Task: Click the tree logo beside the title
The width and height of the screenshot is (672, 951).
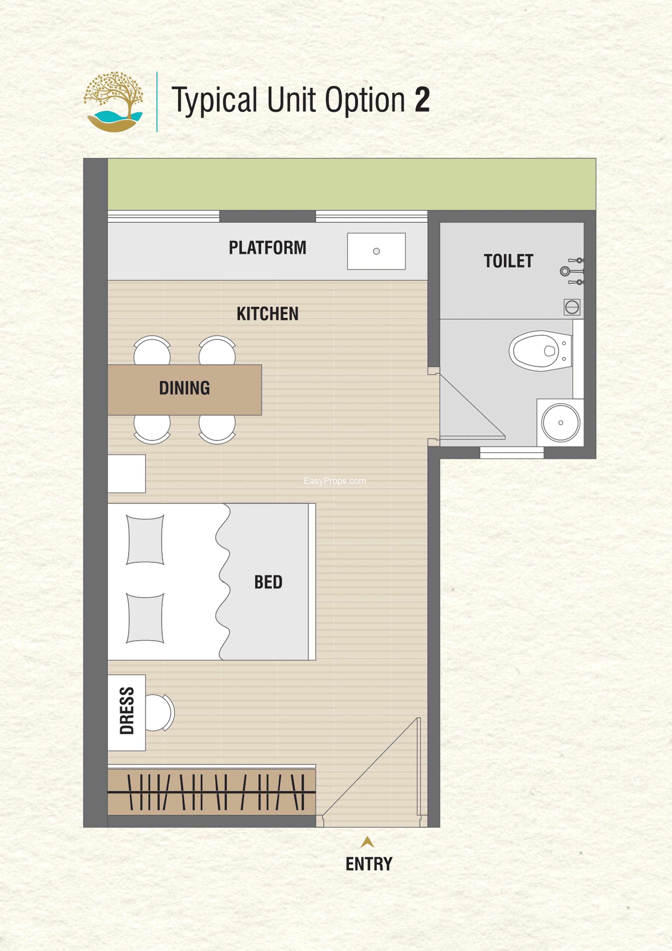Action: coord(113,102)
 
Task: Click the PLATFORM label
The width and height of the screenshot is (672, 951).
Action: coord(267,248)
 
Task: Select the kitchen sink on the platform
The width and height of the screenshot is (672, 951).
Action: coord(376,251)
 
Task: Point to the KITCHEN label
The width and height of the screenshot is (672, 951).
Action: coord(267,314)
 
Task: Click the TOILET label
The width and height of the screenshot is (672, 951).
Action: coord(508,261)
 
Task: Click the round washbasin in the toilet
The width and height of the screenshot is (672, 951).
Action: coord(561,422)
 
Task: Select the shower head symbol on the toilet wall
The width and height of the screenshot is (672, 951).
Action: coord(564,271)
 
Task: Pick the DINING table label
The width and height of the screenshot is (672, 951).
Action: coord(185,388)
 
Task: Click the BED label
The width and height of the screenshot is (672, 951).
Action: coord(268,582)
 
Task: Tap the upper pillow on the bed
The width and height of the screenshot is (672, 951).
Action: coord(145,540)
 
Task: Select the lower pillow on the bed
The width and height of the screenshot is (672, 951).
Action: coord(145,618)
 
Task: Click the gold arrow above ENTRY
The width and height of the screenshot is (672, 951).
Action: coord(367,842)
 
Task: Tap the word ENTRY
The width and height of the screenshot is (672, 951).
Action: coord(369,864)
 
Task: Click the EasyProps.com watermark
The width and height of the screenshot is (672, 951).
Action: coord(335,481)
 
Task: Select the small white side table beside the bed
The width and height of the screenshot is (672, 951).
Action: coord(126,473)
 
